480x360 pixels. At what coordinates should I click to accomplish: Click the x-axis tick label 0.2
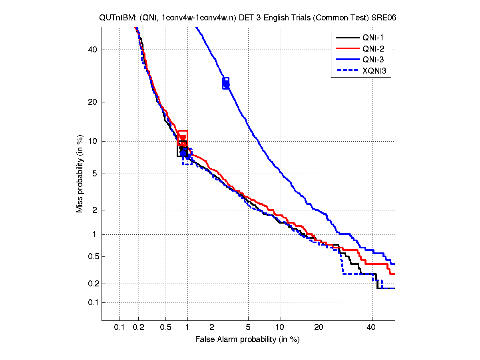point(139,328)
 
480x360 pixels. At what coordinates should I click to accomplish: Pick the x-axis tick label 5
point(248,328)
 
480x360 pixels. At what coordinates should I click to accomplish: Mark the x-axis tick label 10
point(281,328)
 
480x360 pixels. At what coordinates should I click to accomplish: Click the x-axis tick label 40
point(372,328)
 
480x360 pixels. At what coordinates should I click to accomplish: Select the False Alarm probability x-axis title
point(247,340)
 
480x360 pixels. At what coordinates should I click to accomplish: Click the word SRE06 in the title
point(385,18)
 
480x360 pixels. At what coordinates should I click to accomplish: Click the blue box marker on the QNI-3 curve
point(226,83)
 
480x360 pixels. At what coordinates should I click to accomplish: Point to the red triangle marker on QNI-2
point(183,138)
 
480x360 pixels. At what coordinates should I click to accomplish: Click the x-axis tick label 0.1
point(120,328)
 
